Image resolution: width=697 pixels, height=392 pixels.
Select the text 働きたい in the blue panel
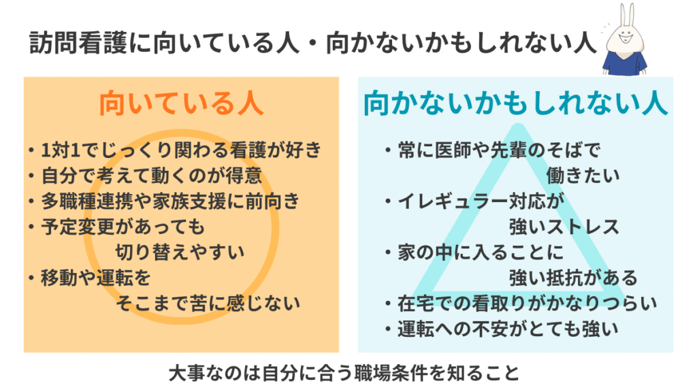click(583, 175)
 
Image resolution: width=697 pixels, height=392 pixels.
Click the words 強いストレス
click(564, 226)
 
